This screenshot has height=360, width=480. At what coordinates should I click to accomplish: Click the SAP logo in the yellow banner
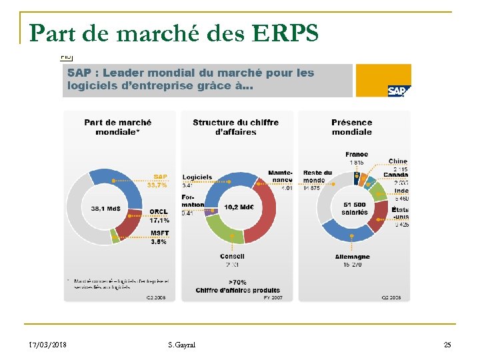click(399, 91)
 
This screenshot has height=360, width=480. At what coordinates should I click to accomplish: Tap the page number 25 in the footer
click(447, 345)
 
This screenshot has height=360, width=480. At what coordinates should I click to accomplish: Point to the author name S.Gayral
click(182, 345)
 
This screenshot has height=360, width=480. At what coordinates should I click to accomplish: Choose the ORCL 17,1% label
click(159, 215)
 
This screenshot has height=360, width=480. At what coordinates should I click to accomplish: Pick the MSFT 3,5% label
click(159, 237)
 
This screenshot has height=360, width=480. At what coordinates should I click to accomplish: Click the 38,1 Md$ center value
click(106, 208)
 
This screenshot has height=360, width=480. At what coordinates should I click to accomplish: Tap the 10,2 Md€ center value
click(239, 207)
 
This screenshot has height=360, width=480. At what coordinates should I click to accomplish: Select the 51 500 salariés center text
click(355, 209)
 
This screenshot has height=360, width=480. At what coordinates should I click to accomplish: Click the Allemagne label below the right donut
click(353, 257)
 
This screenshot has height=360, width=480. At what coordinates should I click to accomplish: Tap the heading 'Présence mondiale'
click(351, 127)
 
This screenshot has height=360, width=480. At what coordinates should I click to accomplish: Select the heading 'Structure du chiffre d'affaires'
click(235, 127)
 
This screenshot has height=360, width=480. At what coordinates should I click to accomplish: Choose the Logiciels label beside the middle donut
click(197, 177)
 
